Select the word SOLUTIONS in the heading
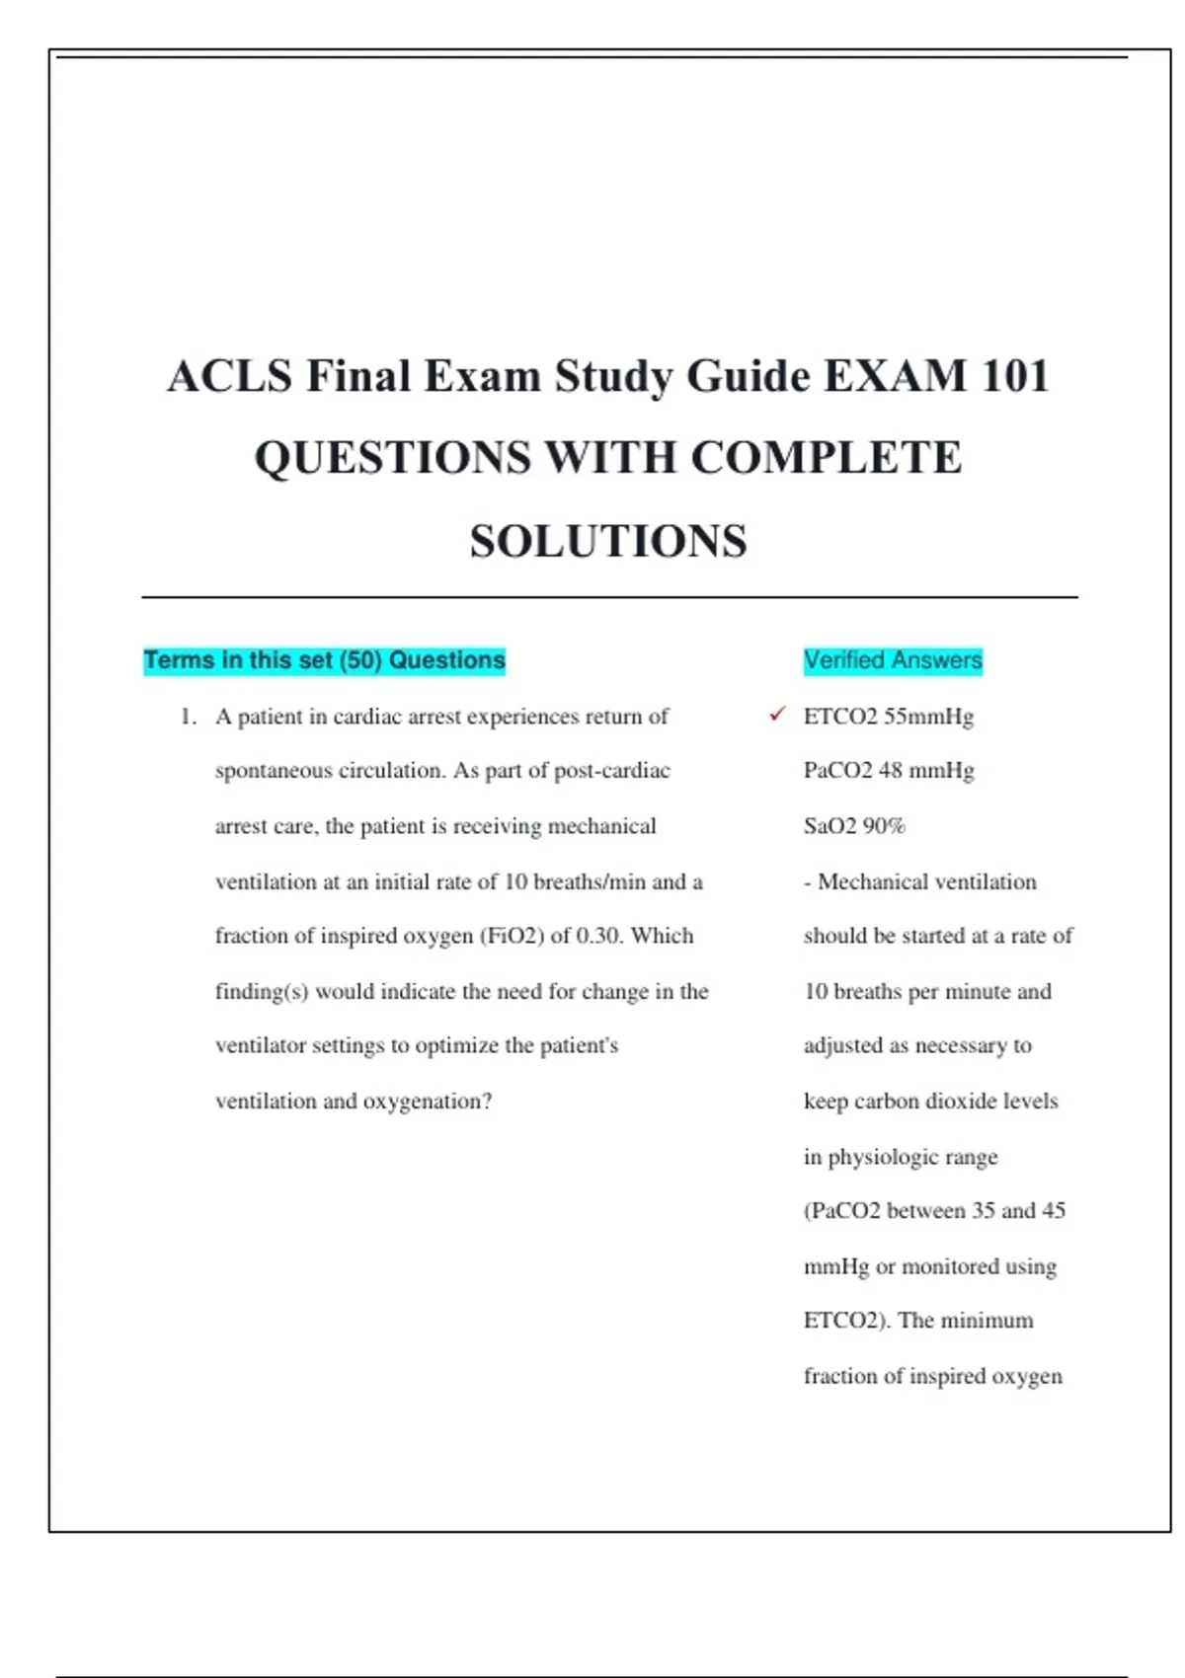click(x=608, y=541)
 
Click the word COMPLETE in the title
click(x=826, y=458)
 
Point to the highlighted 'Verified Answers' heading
click(x=893, y=660)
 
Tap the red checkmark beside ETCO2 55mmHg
click(x=777, y=714)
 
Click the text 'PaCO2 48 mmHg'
click(x=889, y=771)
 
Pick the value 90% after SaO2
click(x=884, y=826)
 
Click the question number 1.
click(x=188, y=717)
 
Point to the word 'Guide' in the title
click(x=748, y=376)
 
